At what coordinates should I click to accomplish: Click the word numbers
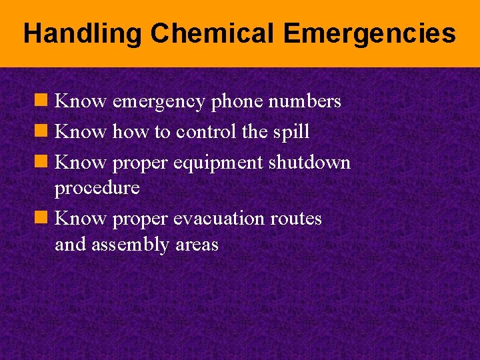tap(307, 102)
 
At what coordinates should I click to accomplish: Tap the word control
tap(206, 132)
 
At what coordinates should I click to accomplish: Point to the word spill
tap(291, 132)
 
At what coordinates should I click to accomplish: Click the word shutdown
tap(309, 163)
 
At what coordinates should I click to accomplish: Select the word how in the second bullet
tap(131, 132)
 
